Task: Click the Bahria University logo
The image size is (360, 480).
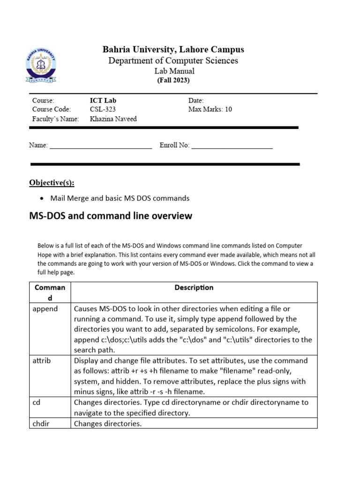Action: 41,66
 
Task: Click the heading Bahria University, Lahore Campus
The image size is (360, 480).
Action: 173,50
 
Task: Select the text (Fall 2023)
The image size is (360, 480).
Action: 173,80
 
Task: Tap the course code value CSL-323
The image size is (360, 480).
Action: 103,109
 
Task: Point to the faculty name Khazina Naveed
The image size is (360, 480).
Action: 113,119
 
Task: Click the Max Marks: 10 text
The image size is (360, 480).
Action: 210,109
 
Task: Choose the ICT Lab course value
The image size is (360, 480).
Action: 103,100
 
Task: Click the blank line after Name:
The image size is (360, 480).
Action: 101,146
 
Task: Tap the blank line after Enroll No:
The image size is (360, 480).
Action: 232,146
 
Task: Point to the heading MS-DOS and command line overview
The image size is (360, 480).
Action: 111,216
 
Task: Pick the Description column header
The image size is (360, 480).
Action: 194,288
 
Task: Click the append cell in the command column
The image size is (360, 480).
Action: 45,309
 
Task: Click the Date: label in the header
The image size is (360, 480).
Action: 196,100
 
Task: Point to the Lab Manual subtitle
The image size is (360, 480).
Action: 174,71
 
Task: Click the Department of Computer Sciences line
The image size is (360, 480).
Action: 173,60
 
